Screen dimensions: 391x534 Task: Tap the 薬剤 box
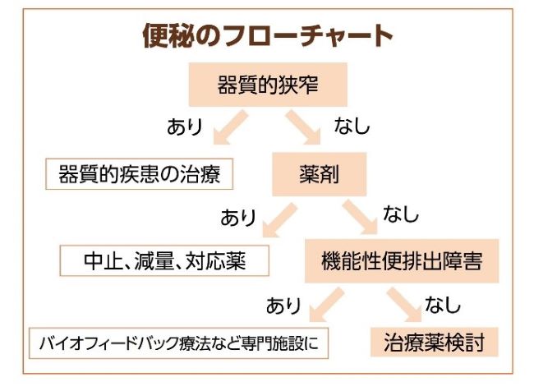click(320, 174)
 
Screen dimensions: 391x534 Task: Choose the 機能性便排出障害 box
click(401, 260)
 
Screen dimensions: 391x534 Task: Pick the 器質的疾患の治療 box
click(140, 174)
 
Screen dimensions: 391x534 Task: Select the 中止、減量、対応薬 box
click(165, 260)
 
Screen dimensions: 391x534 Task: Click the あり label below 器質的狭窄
click(185, 127)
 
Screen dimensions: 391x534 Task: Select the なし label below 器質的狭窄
click(352, 127)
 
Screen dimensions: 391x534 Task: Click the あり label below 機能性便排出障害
click(283, 305)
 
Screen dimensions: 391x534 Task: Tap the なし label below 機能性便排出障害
click(446, 305)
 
